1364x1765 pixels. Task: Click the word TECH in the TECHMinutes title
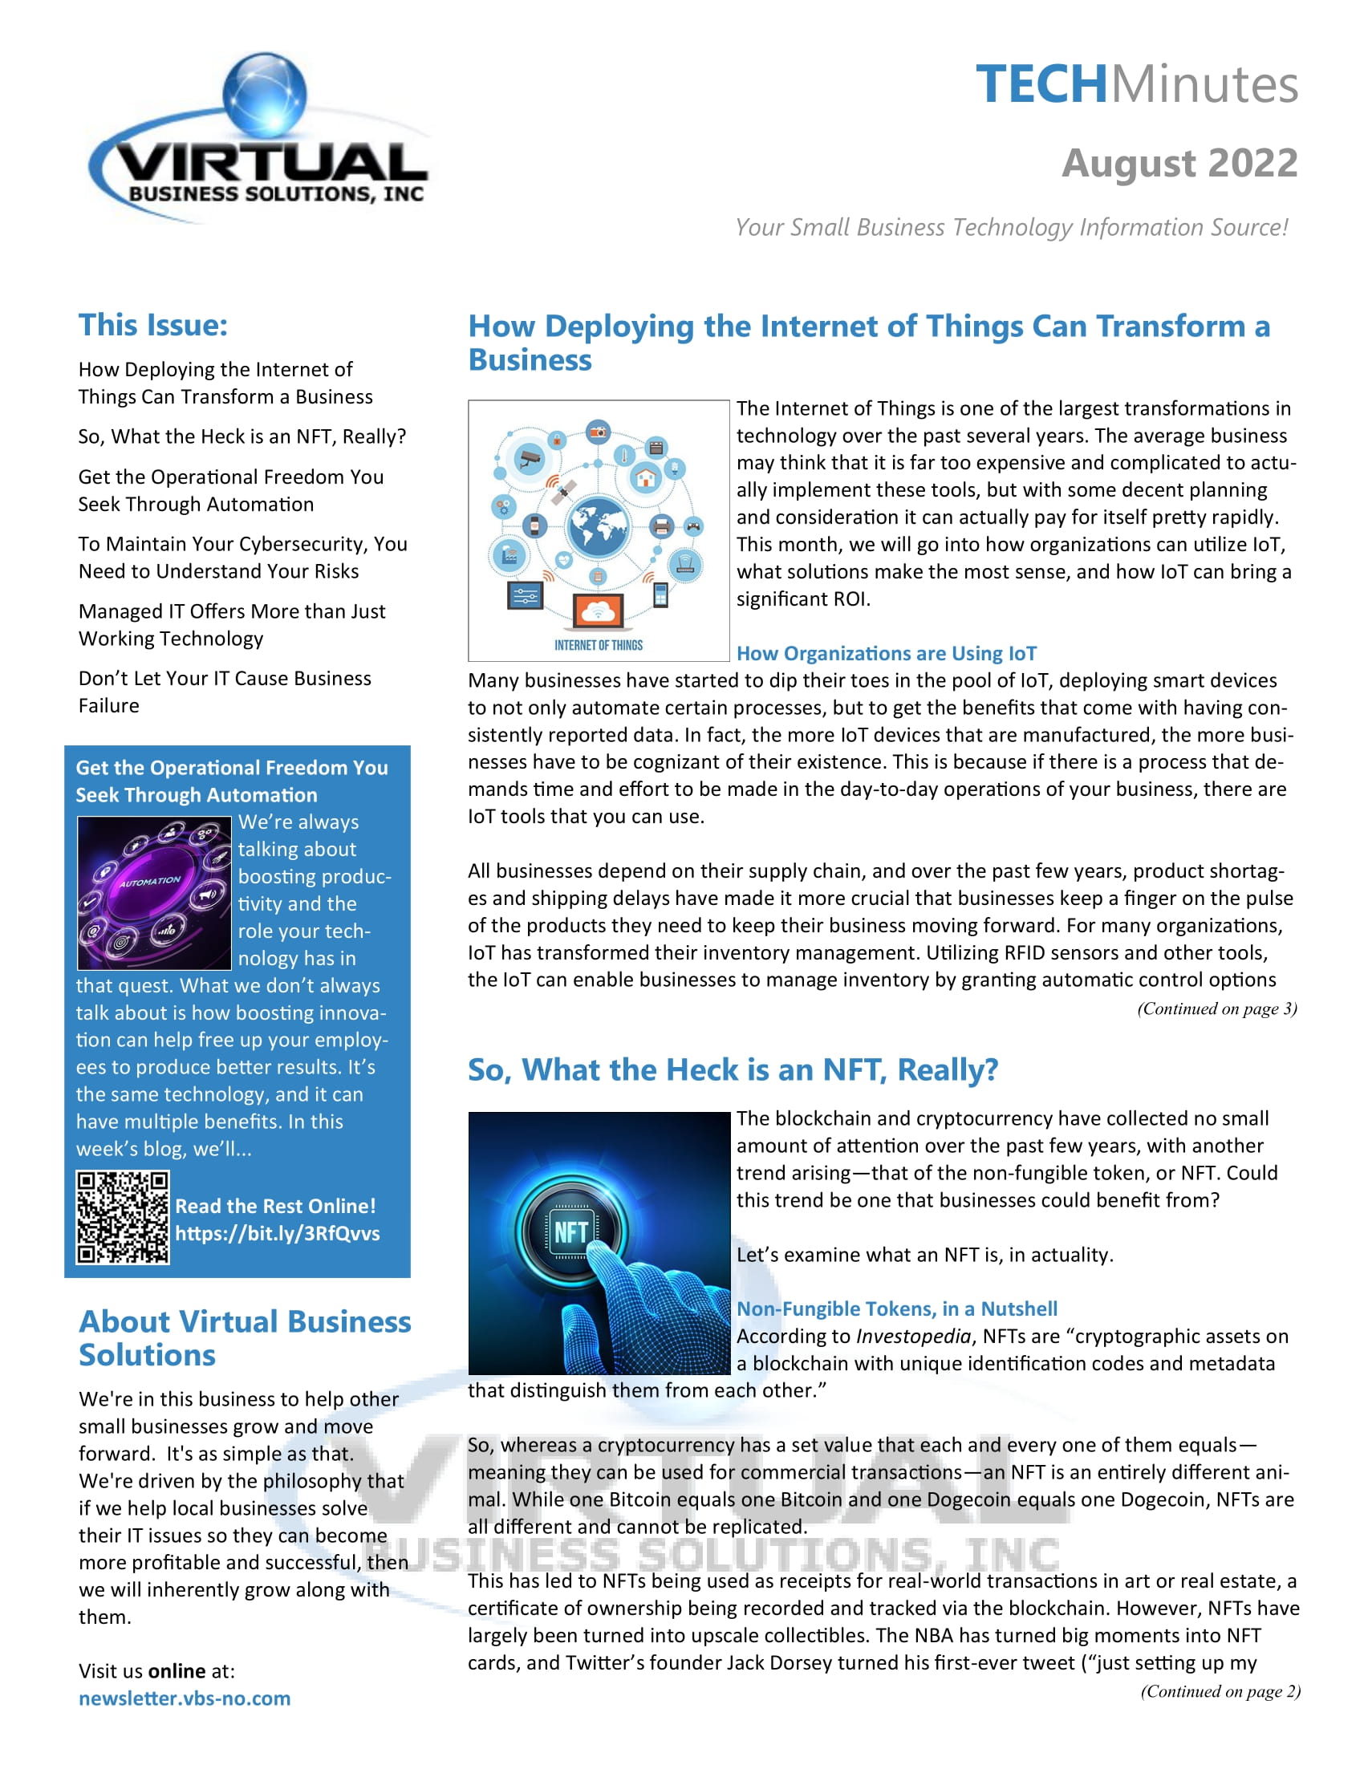pyautogui.click(x=1041, y=84)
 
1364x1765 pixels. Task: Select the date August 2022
pyautogui.click(x=1179, y=163)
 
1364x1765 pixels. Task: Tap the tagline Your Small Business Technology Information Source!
pyautogui.click(x=1011, y=228)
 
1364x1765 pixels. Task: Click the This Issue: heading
pyautogui.click(x=152, y=325)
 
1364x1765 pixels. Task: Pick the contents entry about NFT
pyautogui.click(x=242, y=436)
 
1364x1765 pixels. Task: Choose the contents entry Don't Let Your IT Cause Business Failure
pyautogui.click(x=224, y=692)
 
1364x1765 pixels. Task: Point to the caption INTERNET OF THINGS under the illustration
pyautogui.click(x=598, y=645)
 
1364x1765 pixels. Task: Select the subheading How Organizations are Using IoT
pyautogui.click(x=886, y=653)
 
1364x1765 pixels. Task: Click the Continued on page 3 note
pyautogui.click(x=1216, y=1008)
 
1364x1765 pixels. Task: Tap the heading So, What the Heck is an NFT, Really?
pyautogui.click(x=733, y=1070)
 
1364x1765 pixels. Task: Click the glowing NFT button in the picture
pyautogui.click(x=571, y=1231)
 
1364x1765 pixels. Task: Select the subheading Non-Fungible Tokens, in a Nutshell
pyautogui.click(x=896, y=1309)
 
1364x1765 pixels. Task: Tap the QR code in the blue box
pyautogui.click(x=123, y=1217)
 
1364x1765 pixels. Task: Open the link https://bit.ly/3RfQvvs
pyautogui.click(x=277, y=1233)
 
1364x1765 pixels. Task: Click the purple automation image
pyautogui.click(x=153, y=892)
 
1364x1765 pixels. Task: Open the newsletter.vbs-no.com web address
pyautogui.click(x=185, y=1698)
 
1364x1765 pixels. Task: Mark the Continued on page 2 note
pyautogui.click(x=1220, y=1691)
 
